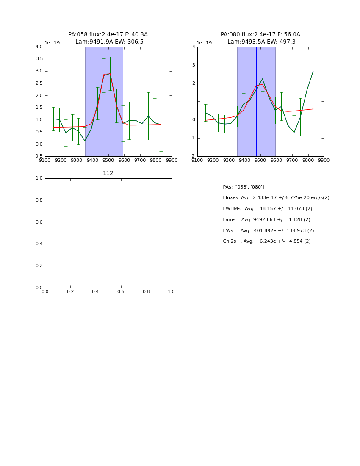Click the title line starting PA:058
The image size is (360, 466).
(x=108, y=35)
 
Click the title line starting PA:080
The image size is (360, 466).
(x=260, y=35)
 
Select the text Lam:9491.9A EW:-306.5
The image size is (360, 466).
(x=109, y=42)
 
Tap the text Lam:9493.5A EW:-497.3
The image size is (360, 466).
(x=261, y=42)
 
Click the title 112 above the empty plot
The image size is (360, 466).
(x=108, y=173)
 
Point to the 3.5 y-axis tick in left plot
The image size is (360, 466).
(x=39, y=59)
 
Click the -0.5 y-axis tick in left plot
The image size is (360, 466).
(x=37, y=156)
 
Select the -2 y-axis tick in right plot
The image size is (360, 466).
(x=193, y=156)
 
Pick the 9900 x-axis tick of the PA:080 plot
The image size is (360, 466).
(x=324, y=161)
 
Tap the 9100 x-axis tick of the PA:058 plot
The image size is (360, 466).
(x=45, y=161)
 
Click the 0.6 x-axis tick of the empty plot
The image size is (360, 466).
(x=121, y=292)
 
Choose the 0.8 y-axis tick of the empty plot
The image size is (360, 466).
(x=39, y=200)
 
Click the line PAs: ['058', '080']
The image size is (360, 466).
(x=244, y=187)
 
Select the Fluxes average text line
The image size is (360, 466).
(x=276, y=198)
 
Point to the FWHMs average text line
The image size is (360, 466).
(x=267, y=209)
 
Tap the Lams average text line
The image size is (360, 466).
(x=266, y=220)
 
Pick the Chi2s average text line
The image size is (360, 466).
(x=266, y=241)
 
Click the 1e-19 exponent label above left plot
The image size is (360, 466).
(x=53, y=43)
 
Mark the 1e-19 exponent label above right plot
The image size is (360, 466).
(x=205, y=43)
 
